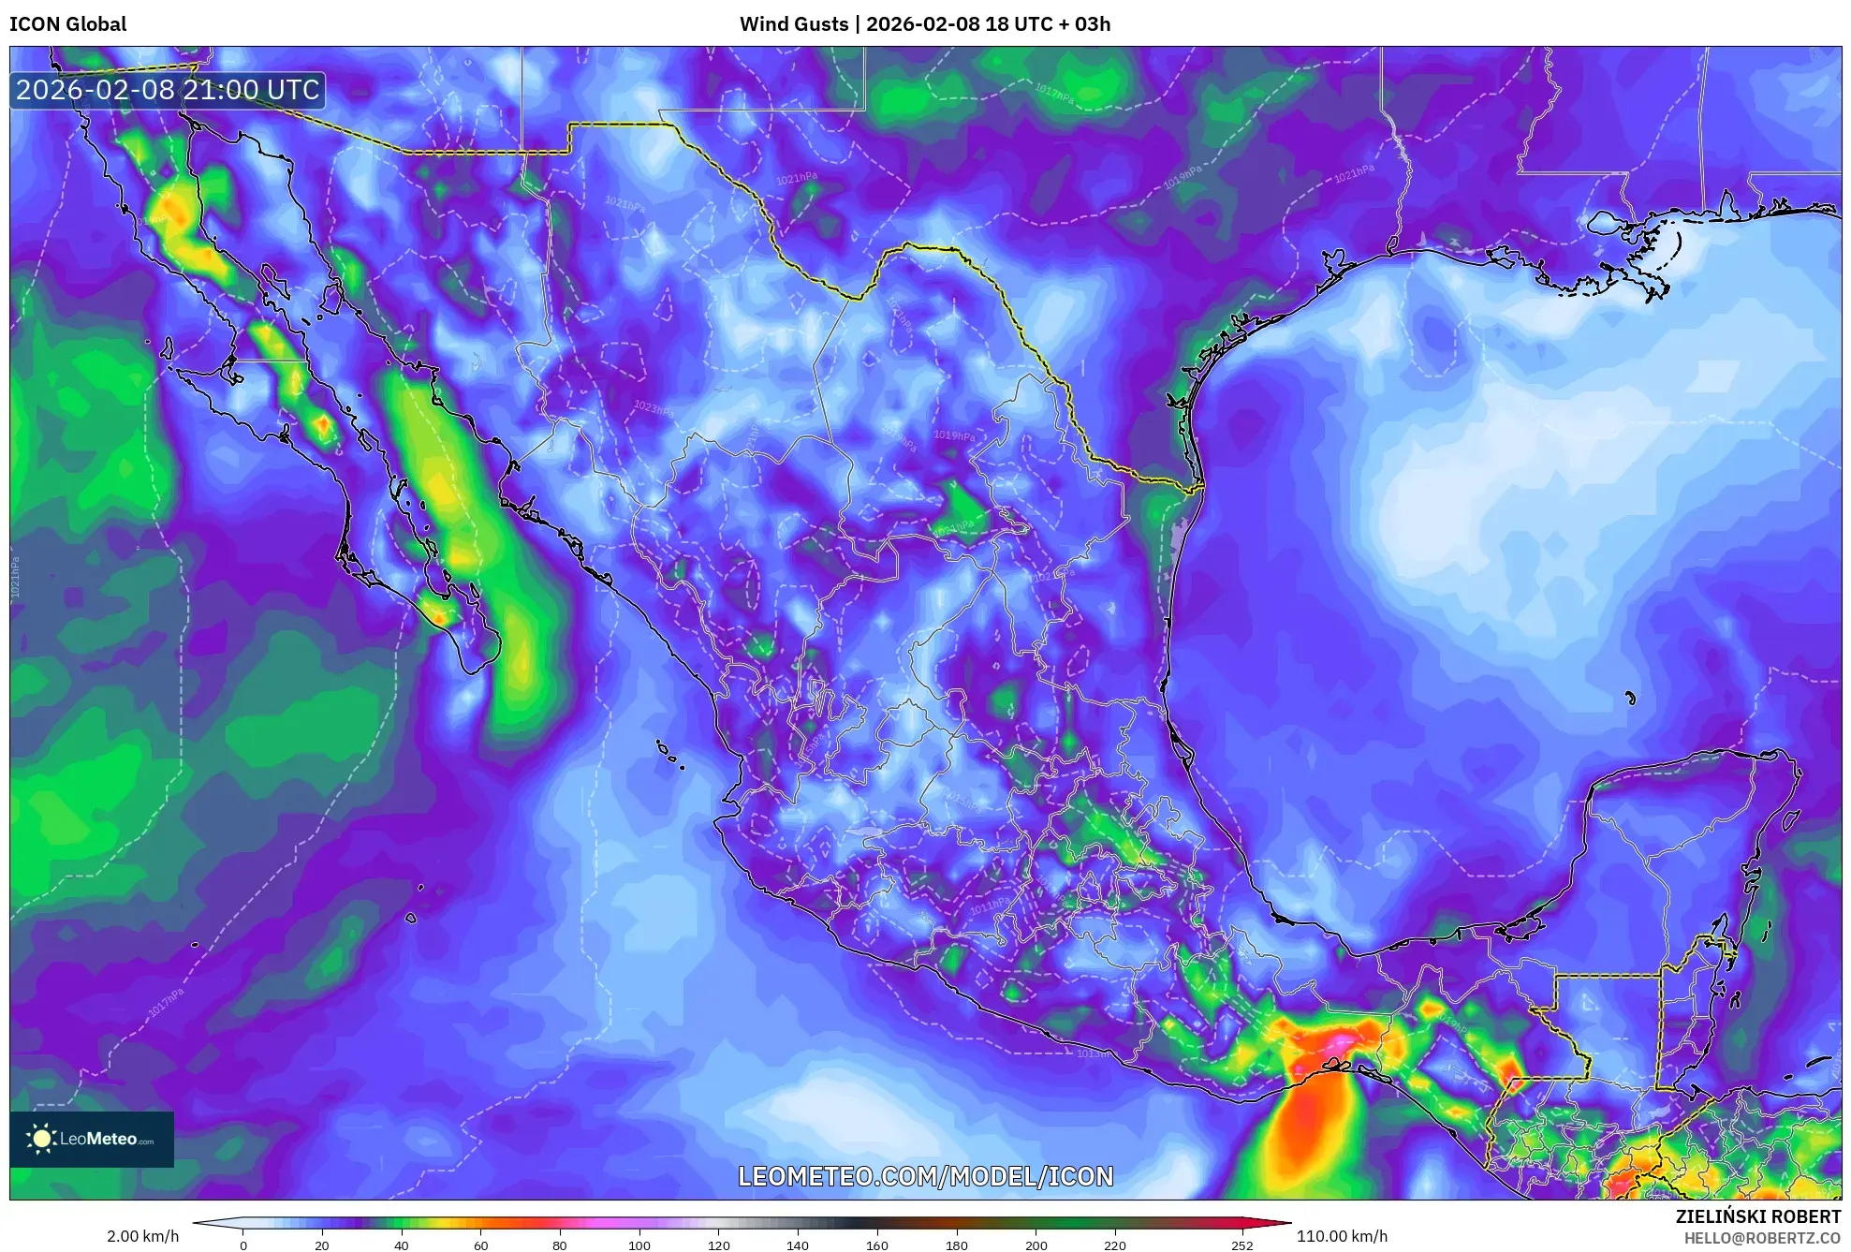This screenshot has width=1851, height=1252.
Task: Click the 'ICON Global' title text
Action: click(68, 24)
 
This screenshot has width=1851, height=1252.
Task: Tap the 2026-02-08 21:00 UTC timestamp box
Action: click(168, 90)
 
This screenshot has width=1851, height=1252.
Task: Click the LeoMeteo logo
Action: click(92, 1139)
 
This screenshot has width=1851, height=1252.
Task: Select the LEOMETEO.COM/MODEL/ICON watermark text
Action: click(925, 1176)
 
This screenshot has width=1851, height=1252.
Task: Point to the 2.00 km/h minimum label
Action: click(142, 1236)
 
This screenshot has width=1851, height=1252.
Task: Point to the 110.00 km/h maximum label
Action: click(1342, 1236)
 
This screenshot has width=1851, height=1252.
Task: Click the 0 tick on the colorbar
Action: click(243, 1245)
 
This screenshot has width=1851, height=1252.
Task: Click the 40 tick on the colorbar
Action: click(402, 1245)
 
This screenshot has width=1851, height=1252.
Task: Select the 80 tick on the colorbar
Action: click(560, 1245)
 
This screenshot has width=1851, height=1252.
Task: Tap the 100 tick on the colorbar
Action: click(639, 1245)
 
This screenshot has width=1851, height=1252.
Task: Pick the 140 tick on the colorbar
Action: click(798, 1245)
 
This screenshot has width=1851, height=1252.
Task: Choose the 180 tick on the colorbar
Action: click(957, 1245)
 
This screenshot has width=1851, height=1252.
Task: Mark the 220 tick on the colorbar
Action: click(1115, 1245)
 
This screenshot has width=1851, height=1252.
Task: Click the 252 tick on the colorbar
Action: click(1241, 1245)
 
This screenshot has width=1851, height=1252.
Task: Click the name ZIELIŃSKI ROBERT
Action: click(1757, 1216)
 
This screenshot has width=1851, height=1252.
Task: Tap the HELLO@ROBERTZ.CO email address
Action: click(1762, 1238)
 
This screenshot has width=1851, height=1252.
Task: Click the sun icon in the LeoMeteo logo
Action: click(41, 1139)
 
